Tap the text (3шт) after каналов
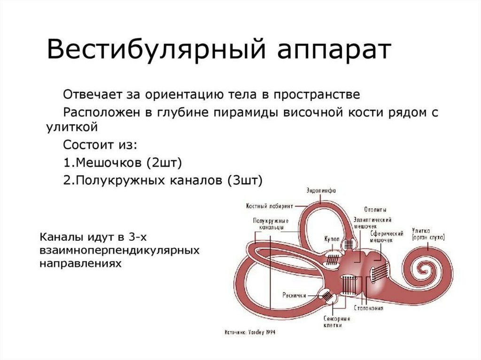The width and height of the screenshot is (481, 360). [x=245, y=180]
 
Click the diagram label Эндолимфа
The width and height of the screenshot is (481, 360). [x=321, y=190]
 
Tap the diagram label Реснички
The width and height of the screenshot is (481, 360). [x=294, y=296]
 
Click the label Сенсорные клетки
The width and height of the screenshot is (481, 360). [x=337, y=322]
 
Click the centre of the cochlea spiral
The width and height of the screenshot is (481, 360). [x=428, y=270]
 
